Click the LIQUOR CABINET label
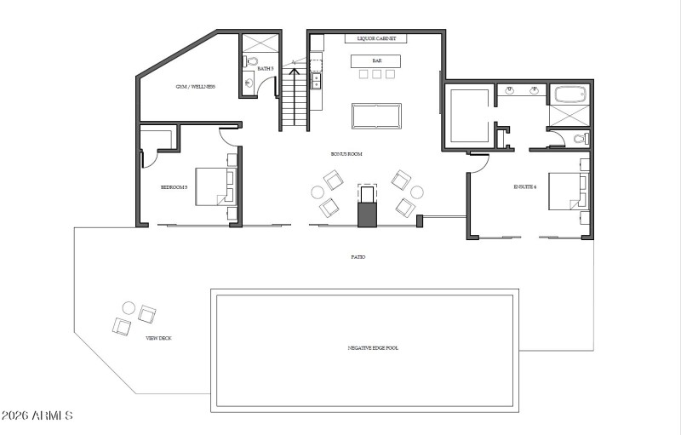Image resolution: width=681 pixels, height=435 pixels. point(375,39)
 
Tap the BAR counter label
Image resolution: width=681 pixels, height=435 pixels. point(376,60)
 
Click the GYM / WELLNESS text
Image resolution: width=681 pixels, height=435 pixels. point(195,87)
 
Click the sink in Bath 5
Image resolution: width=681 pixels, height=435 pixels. point(249,83)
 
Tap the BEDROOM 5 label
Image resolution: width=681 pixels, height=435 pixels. point(174,186)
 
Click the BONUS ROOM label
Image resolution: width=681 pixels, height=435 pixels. point(346,154)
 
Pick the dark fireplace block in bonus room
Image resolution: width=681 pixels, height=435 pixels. point(367,207)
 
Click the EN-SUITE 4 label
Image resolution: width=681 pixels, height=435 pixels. point(524,186)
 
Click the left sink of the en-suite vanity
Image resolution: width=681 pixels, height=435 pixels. point(510,89)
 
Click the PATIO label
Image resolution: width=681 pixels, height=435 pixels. point(358,256)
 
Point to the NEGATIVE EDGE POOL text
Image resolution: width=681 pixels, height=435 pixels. point(373,348)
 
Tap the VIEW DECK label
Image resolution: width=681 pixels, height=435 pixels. point(158,338)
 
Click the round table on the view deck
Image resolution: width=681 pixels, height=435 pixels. point(129,307)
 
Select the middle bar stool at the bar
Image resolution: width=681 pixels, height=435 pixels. point(376,74)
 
